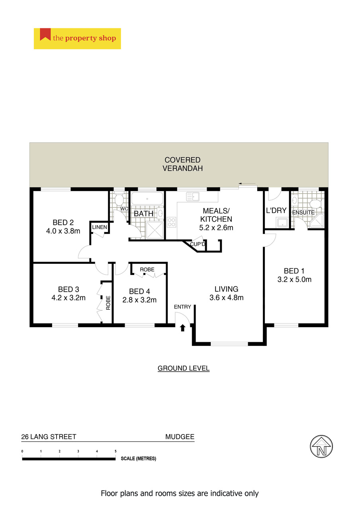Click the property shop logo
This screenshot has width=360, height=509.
(x=77, y=38)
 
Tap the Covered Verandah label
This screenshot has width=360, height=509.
(x=182, y=164)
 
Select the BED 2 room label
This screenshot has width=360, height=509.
(x=63, y=222)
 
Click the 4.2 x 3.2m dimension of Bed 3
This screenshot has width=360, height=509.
(x=68, y=298)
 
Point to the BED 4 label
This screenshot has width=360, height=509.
(x=139, y=291)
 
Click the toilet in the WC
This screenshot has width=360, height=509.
(x=119, y=200)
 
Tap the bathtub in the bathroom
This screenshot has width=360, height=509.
(x=147, y=199)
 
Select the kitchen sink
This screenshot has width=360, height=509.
(x=193, y=197)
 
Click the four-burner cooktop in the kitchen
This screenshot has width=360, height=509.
(x=171, y=222)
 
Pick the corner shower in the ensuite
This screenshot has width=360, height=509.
(x=317, y=221)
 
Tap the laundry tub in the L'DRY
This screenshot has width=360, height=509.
(x=282, y=222)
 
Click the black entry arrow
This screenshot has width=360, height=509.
(x=183, y=328)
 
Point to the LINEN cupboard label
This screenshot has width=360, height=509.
(x=100, y=227)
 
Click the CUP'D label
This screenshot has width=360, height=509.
(x=198, y=244)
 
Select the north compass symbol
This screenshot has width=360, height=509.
(x=321, y=447)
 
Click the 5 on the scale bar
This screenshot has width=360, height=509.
(x=116, y=451)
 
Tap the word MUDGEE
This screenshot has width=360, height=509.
(x=180, y=437)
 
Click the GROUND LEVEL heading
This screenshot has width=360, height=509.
(x=184, y=368)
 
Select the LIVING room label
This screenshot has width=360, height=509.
(x=227, y=289)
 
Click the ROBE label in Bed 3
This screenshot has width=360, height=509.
(x=108, y=303)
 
